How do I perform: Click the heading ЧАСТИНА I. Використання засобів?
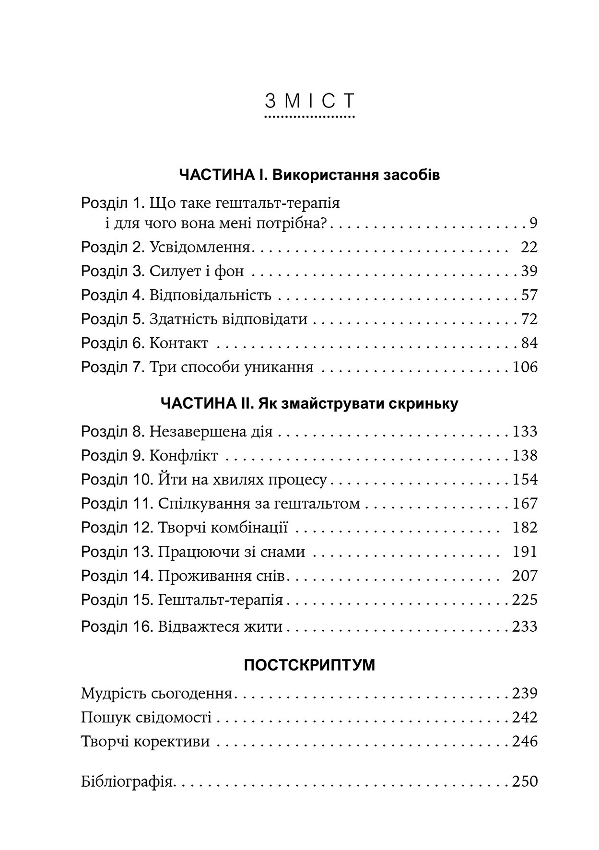[x=309, y=175]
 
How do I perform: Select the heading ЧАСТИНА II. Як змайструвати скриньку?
[x=309, y=403]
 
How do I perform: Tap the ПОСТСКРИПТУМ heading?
[x=309, y=665]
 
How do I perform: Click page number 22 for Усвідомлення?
[x=529, y=248]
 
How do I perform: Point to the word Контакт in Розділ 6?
[x=179, y=343]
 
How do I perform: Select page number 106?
[x=525, y=367]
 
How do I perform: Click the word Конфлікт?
[x=184, y=456]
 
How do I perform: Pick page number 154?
[x=525, y=480]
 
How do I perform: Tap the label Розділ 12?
[x=117, y=528]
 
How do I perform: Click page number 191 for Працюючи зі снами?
[x=525, y=552]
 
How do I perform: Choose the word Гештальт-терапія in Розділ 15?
[x=220, y=600]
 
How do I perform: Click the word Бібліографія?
[x=128, y=782]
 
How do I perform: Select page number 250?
[x=525, y=781]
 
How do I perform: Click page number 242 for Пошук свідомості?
[x=525, y=718]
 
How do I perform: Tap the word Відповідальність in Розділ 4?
[x=210, y=295]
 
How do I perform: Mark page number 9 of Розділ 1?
[x=533, y=224]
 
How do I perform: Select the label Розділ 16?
[x=117, y=626]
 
